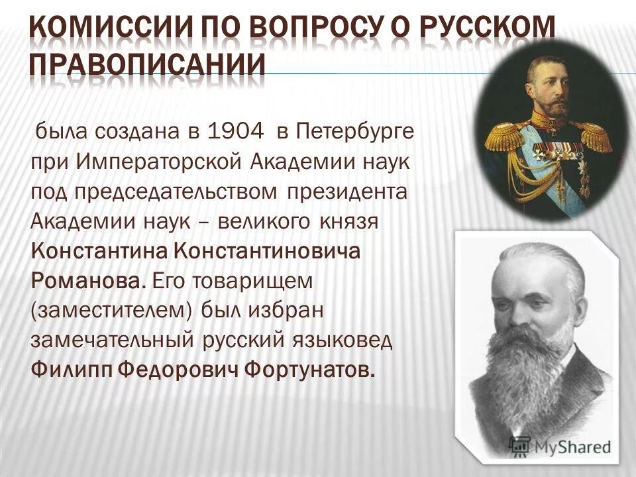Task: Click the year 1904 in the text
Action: click(236, 131)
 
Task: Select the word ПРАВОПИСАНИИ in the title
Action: click(147, 64)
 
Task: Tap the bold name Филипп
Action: click(66, 368)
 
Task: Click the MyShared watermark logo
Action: click(560, 446)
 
